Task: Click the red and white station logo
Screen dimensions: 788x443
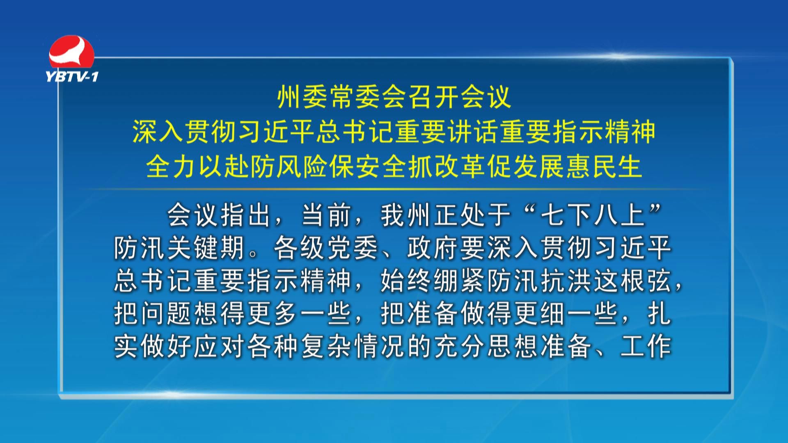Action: click(x=72, y=53)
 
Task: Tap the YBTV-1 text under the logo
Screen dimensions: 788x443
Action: click(x=72, y=77)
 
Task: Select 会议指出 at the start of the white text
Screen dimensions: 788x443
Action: click(x=220, y=215)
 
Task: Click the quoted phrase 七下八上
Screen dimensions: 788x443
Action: click(x=593, y=215)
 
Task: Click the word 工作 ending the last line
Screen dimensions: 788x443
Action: click(x=646, y=347)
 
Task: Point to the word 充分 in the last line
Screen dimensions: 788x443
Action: click(x=459, y=347)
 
